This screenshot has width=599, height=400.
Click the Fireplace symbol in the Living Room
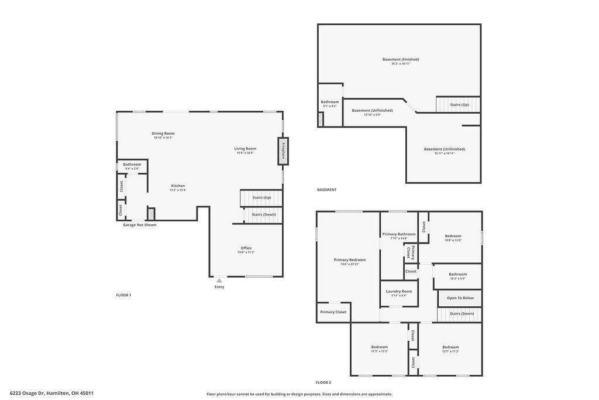(x=283, y=151)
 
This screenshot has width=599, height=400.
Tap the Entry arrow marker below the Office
(x=219, y=281)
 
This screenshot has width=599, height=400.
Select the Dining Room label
(x=163, y=134)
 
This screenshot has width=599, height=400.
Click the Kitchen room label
(x=177, y=186)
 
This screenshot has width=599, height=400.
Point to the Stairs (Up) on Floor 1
(x=261, y=198)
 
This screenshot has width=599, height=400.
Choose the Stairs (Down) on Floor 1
(x=263, y=215)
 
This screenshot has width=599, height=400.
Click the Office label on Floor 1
(x=246, y=248)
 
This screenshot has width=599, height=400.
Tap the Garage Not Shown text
(x=139, y=225)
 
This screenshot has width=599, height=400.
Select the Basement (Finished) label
(x=401, y=59)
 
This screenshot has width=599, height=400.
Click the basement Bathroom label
(x=330, y=102)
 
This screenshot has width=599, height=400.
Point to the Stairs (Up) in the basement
(x=459, y=105)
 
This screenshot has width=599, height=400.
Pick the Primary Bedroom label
(x=350, y=260)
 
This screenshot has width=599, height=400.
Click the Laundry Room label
(x=399, y=291)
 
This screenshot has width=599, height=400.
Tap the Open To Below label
(x=460, y=298)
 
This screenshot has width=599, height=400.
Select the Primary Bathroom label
(x=399, y=234)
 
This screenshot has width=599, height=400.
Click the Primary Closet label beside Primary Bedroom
(x=333, y=312)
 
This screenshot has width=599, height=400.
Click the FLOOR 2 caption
(x=323, y=382)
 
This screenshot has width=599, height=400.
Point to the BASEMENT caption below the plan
(x=326, y=190)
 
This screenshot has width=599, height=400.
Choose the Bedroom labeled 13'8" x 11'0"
(x=453, y=236)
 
